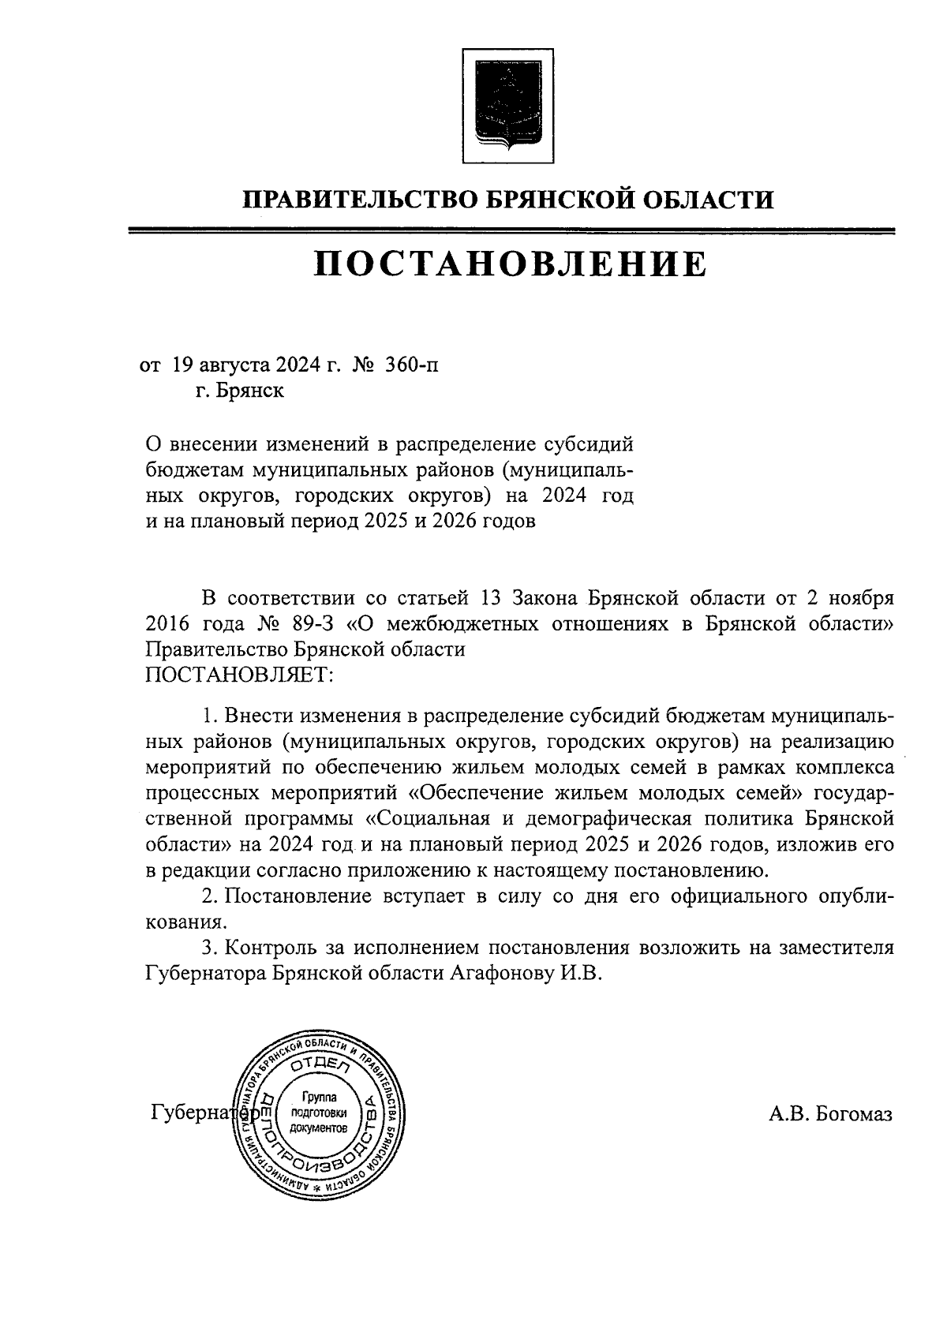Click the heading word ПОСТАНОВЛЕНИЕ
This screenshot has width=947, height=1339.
511,264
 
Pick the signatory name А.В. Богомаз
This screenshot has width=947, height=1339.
831,1113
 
